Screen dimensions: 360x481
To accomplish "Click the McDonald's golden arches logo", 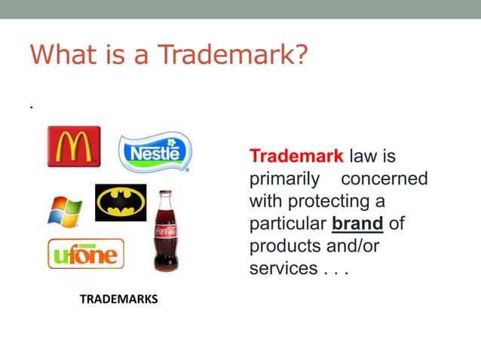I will [x=74, y=145].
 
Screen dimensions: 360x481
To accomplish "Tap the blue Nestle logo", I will [x=156, y=153].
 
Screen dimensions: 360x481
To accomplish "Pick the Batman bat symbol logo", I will [x=121, y=203].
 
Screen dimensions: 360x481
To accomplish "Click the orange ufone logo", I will [x=85, y=254].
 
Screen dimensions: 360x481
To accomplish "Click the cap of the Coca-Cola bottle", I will [x=165, y=194].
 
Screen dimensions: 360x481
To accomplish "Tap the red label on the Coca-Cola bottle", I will [x=166, y=230].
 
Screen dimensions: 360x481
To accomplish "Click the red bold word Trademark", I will [x=296, y=157].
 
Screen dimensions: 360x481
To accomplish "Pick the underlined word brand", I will [x=357, y=224].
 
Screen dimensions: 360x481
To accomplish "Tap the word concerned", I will [x=384, y=179].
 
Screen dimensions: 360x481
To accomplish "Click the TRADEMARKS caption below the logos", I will [x=118, y=299].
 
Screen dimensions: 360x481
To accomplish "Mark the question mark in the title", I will [x=300, y=55].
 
